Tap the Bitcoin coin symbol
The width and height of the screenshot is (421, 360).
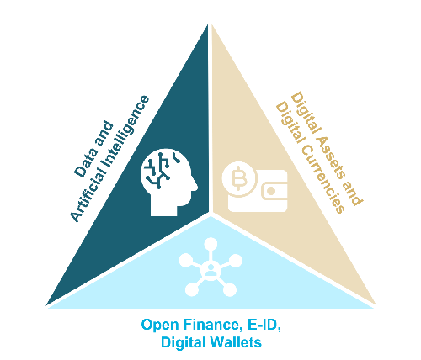pos(239,178)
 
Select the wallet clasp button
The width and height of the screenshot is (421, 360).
pos(271,191)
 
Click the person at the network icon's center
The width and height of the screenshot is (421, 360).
pos(210,269)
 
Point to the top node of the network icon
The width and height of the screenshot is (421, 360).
pos(210,245)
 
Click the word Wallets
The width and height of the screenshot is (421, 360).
pos(236,342)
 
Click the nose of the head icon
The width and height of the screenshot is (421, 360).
pos(195,187)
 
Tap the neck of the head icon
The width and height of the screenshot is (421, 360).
pos(164,207)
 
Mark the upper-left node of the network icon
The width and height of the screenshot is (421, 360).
pos(185,260)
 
